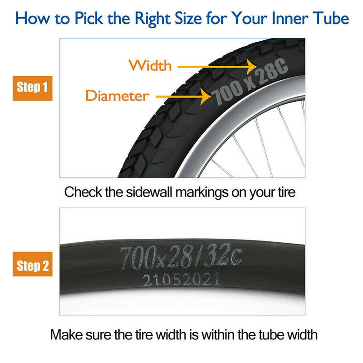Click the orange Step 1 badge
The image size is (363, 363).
[32, 87]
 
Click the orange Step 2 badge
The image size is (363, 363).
[32, 265]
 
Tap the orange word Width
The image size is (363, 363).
[150, 65]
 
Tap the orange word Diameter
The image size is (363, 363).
[117, 96]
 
